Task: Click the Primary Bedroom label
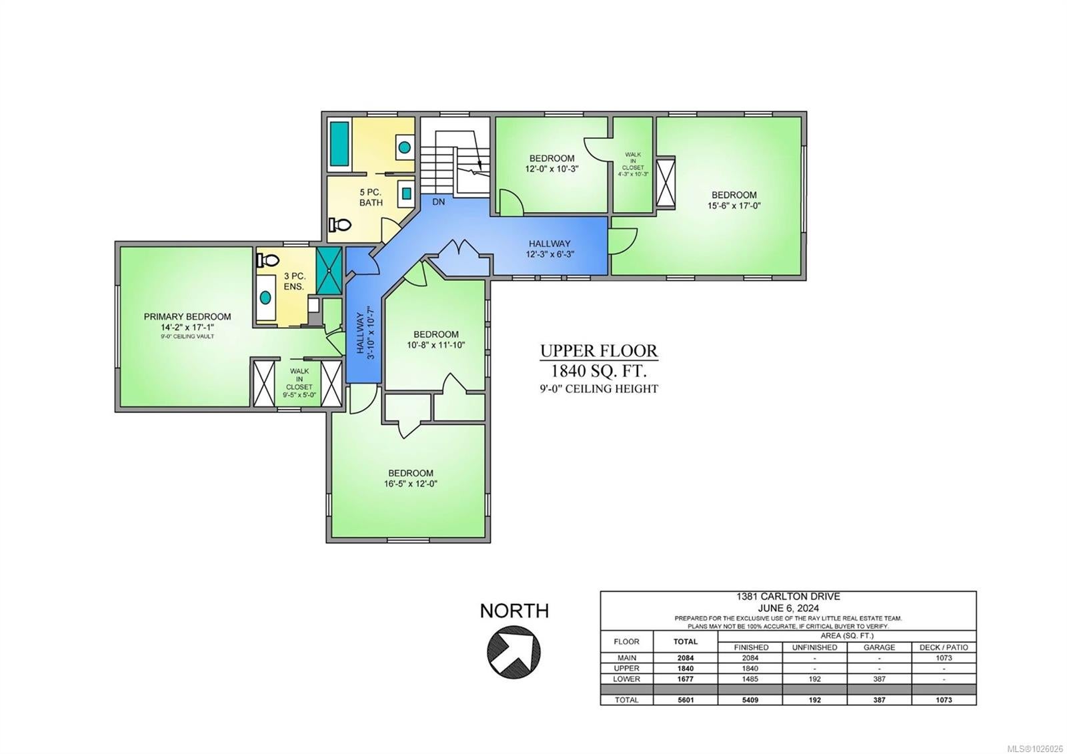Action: [187, 316]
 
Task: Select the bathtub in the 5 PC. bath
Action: [339, 143]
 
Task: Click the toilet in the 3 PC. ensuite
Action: [267, 260]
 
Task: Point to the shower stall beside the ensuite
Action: [329, 270]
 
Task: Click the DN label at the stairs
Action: [438, 202]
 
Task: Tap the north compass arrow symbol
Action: [513, 651]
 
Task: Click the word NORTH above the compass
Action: [514, 611]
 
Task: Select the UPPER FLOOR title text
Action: [599, 351]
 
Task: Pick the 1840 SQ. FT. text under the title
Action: [599, 370]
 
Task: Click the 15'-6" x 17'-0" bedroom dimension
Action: [734, 206]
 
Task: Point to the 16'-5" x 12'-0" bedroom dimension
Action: [411, 484]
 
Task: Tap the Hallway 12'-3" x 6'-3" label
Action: [550, 249]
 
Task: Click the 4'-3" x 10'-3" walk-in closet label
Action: [633, 174]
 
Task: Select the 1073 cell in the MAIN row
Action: [944, 658]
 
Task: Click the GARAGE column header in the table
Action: [880, 647]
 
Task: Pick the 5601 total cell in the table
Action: [686, 700]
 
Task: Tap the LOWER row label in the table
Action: [626, 679]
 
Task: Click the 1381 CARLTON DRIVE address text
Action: [788, 597]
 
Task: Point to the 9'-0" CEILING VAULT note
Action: [187, 336]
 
